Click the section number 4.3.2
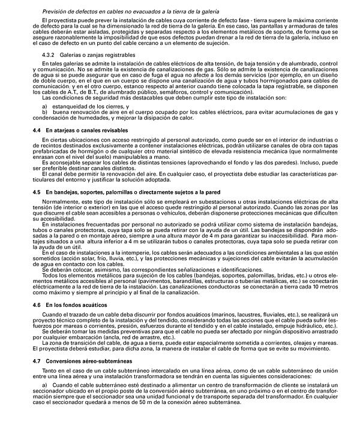point(40,55)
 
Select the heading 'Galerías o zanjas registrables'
point(85,55)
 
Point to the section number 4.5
point(36,192)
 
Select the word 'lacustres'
point(221,332)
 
